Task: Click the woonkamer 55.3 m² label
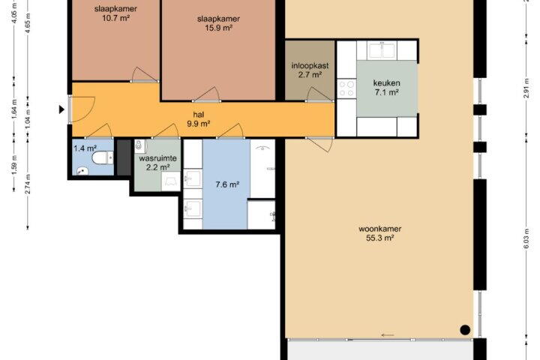pyautogui.click(x=379, y=233)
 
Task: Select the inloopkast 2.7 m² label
pyautogui.click(x=310, y=70)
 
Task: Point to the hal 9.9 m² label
pyautogui.click(x=199, y=119)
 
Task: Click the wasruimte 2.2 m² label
pyautogui.click(x=157, y=163)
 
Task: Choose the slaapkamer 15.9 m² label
pyautogui.click(x=218, y=23)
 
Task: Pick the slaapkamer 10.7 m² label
pyautogui.click(x=115, y=13)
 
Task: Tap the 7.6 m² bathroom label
pyautogui.click(x=227, y=184)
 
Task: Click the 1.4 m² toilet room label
pyautogui.click(x=85, y=148)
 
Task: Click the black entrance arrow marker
pyautogui.click(x=61, y=109)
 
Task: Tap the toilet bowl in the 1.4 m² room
pyautogui.click(x=102, y=158)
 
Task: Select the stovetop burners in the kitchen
pyautogui.click(x=346, y=88)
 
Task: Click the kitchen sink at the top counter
pyautogui.click(x=382, y=50)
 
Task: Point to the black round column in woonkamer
pyautogui.click(x=465, y=330)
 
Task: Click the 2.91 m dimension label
pyautogui.click(x=526, y=88)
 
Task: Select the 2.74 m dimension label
pyautogui.click(x=28, y=184)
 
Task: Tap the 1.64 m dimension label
pyautogui.click(x=14, y=109)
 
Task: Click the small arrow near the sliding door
pyautogui.click(x=388, y=335)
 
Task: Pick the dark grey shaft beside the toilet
pyautogui.click(x=124, y=157)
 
